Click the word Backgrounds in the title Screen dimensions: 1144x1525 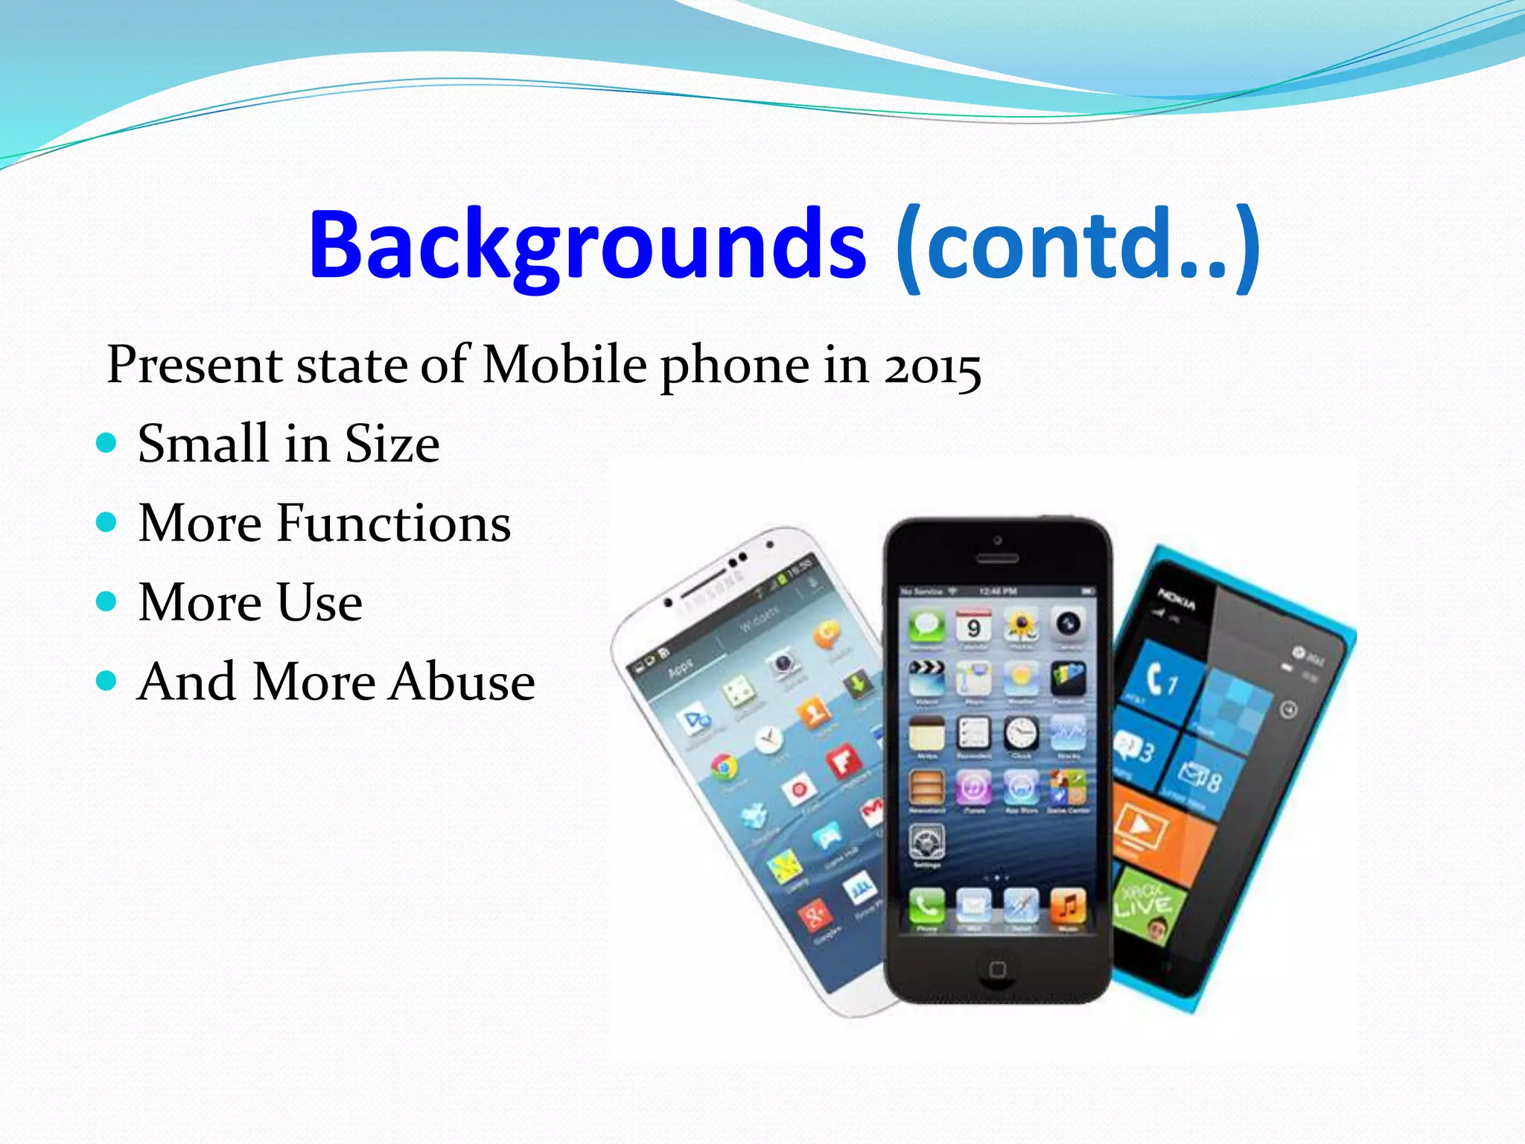click(x=587, y=246)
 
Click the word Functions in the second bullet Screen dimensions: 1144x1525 click(x=394, y=523)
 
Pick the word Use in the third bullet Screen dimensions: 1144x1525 click(x=319, y=602)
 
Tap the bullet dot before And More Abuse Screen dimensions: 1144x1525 click(x=107, y=681)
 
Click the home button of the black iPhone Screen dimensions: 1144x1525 click(x=997, y=969)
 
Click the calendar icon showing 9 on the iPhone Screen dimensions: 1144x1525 click(x=973, y=627)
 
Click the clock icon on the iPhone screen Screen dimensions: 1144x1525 click(x=1021, y=734)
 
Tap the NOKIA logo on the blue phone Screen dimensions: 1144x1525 click(x=1177, y=599)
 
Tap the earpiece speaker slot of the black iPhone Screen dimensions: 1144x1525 click(x=997, y=558)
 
